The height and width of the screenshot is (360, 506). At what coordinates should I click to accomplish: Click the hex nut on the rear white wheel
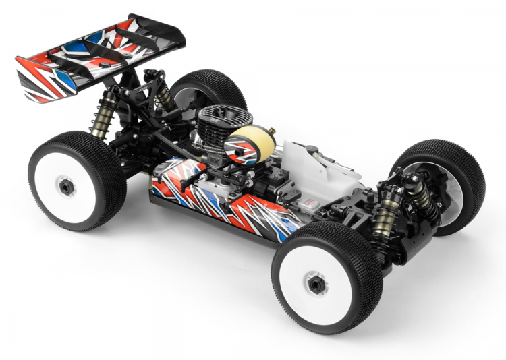(x=65, y=188)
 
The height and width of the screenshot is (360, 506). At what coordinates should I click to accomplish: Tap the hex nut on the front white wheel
(x=314, y=284)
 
